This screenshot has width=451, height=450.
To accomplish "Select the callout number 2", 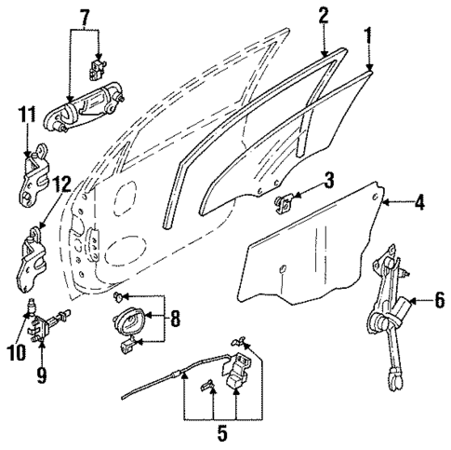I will (x=323, y=15).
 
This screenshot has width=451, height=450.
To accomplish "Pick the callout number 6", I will (x=438, y=300).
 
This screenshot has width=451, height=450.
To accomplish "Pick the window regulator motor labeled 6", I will (x=384, y=321).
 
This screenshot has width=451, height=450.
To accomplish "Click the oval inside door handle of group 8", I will (x=127, y=323).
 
